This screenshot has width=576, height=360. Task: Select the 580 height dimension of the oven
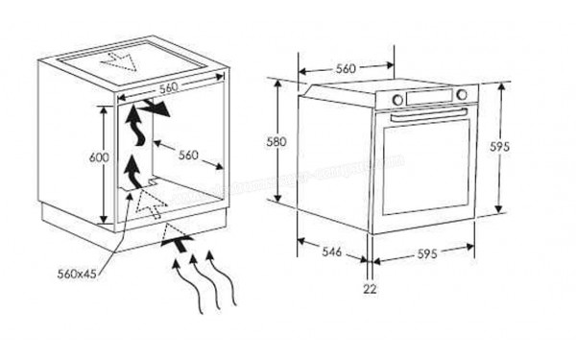[277, 141]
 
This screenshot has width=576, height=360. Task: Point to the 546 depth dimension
[330, 252]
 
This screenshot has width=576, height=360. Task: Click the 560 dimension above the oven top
[347, 68]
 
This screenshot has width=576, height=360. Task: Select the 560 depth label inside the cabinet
[188, 154]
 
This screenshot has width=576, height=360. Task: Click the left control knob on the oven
[397, 99]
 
